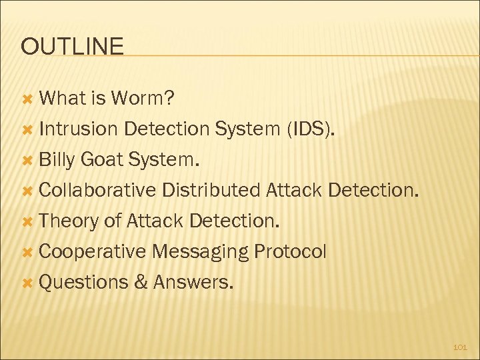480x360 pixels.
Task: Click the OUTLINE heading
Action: pos(72,46)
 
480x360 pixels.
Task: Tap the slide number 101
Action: pos(460,347)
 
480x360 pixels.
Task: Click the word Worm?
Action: pos(143,99)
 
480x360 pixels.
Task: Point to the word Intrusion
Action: pos(79,129)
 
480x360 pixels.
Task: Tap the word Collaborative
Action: pos(97,191)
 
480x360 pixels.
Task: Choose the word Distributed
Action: pos(211,191)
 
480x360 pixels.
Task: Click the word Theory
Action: pos(69,221)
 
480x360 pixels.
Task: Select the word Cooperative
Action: pos(92,252)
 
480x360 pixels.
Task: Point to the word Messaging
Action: pos(199,252)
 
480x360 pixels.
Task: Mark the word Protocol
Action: pos(290,252)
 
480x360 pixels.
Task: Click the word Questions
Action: pos(83,283)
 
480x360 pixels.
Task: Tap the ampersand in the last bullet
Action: pos(141,283)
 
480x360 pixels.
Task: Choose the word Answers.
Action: pos(193,283)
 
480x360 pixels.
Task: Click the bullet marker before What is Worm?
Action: pos(27,99)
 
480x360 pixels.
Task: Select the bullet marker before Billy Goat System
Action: pos(27,161)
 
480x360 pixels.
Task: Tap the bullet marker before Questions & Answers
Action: pos(27,283)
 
